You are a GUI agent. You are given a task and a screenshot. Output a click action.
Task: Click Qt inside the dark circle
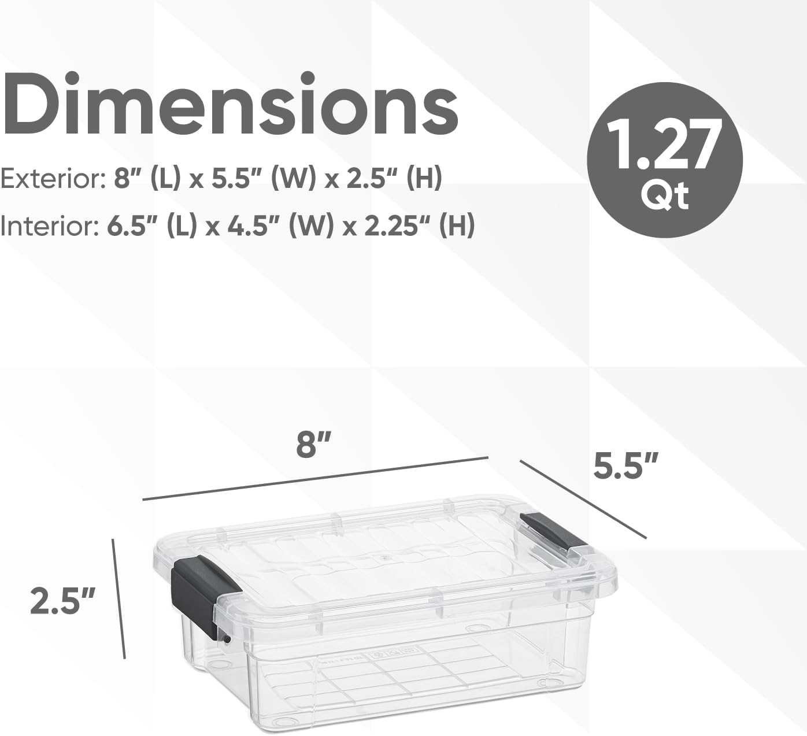click(664, 197)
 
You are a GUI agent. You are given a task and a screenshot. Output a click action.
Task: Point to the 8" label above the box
click(314, 444)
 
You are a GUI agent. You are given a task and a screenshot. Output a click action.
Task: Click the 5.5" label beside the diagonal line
click(626, 466)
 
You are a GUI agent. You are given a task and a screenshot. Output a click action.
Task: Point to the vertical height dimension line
click(119, 598)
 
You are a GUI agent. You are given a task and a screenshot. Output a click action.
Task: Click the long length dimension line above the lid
click(316, 478)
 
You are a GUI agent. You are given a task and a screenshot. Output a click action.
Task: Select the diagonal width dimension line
click(583, 499)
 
